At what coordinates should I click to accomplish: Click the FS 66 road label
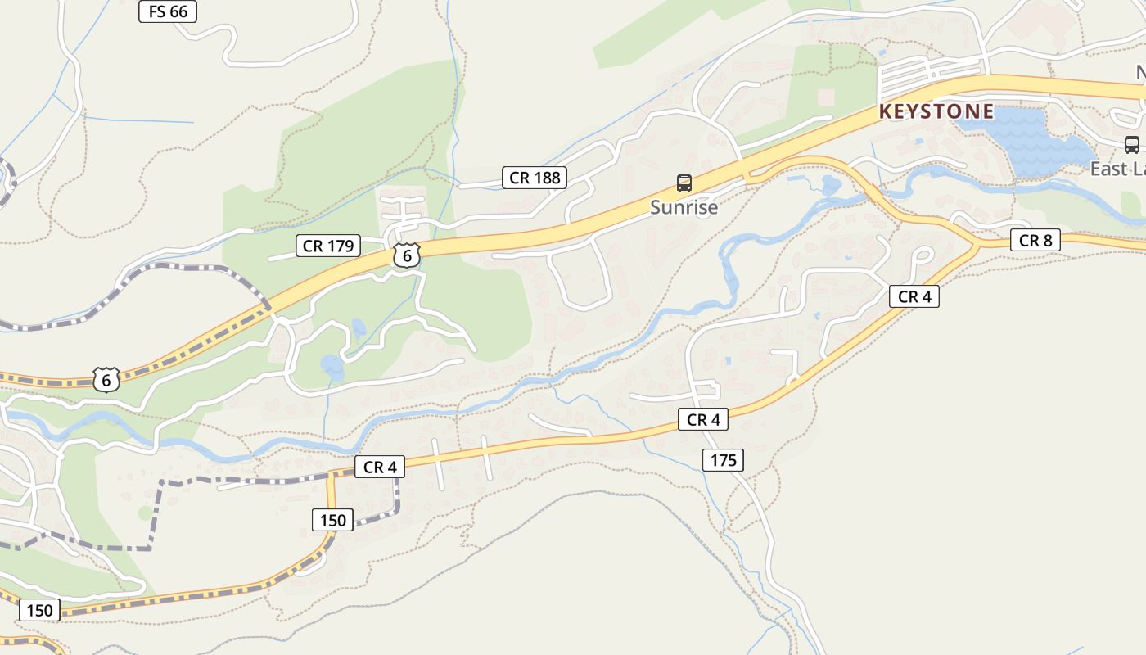click(168, 11)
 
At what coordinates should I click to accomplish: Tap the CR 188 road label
click(535, 178)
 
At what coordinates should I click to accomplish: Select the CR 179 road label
click(328, 246)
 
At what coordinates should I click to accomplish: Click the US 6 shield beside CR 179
click(406, 255)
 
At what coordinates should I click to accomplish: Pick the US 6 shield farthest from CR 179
click(106, 380)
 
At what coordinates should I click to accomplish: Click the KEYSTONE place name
click(936, 111)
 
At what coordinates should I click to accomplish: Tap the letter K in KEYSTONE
click(884, 111)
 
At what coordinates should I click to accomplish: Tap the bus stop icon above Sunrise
click(684, 183)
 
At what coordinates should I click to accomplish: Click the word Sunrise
click(684, 207)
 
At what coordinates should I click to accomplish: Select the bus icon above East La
click(1132, 145)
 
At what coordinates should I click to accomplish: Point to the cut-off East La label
click(1118, 169)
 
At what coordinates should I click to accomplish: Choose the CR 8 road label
click(1035, 241)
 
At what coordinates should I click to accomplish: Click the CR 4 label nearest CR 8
click(914, 296)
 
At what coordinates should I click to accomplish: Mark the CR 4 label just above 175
click(703, 420)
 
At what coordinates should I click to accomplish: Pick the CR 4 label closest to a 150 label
click(380, 467)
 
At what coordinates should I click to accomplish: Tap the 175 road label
click(723, 460)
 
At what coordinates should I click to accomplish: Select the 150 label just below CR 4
click(333, 520)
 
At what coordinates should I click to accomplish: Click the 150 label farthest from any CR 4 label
click(39, 610)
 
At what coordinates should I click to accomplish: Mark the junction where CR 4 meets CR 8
click(977, 245)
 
